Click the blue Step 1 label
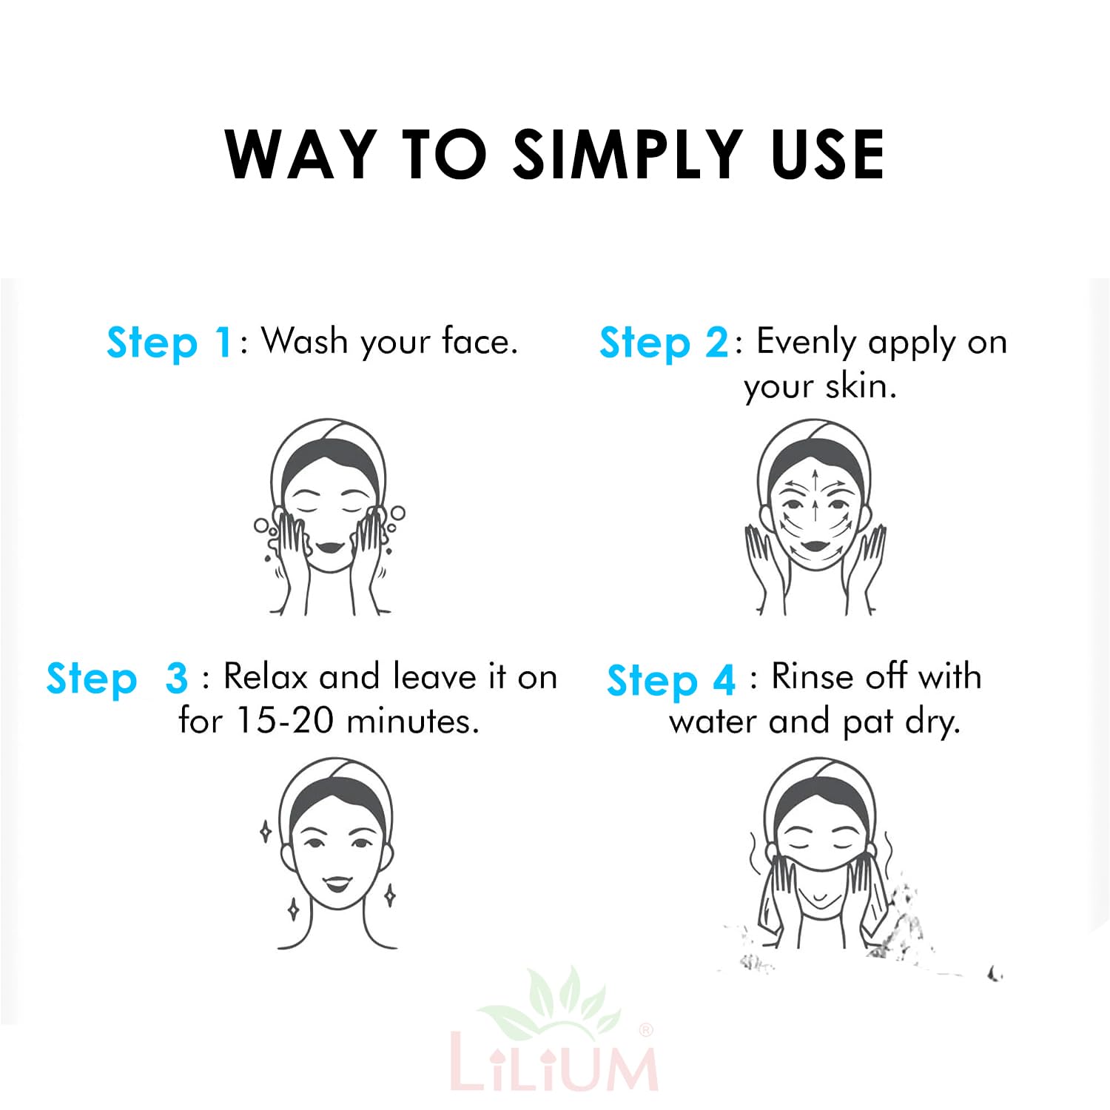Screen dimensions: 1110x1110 pyautogui.click(x=170, y=343)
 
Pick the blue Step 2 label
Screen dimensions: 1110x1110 pyautogui.click(x=664, y=343)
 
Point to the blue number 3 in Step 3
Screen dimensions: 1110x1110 pyautogui.click(x=177, y=678)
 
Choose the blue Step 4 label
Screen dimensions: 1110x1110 pyautogui.click(x=671, y=680)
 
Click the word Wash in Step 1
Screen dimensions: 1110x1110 pyautogui.click(x=305, y=341)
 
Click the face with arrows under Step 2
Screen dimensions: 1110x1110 pyautogui.click(x=814, y=517)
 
